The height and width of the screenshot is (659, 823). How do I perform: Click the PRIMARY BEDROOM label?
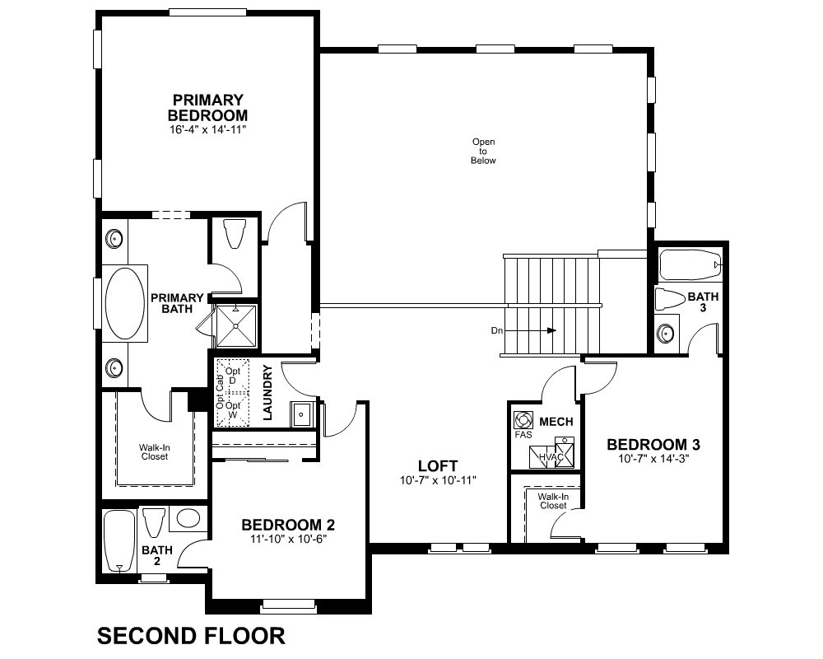tap(208, 107)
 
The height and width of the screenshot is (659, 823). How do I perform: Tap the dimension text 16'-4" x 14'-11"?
tap(208, 130)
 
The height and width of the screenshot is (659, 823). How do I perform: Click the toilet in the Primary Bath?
tap(234, 233)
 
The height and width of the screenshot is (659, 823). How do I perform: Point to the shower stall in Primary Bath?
tap(236, 326)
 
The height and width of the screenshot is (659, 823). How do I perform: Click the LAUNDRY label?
tap(267, 392)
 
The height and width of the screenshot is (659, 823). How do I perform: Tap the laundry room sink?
tap(301, 414)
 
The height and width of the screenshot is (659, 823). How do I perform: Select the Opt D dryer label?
tap(233, 376)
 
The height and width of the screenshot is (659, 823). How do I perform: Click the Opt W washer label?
tap(233, 410)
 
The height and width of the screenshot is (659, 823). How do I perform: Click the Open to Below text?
tap(483, 151)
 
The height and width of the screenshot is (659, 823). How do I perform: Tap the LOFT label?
tap(438, 465)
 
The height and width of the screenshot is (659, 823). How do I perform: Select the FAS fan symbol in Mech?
tap(523, 420)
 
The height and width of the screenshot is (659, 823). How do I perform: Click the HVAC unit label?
tap(551, 457)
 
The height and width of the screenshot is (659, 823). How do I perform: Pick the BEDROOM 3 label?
tap(653, 445)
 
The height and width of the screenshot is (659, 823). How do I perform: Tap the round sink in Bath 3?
tap(667, 333)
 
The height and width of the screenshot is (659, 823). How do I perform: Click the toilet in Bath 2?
tap(155, 521)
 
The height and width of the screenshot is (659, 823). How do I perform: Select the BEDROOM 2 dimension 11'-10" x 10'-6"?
tap(288, 539)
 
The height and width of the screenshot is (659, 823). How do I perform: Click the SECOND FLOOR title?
tap(191, 636)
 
